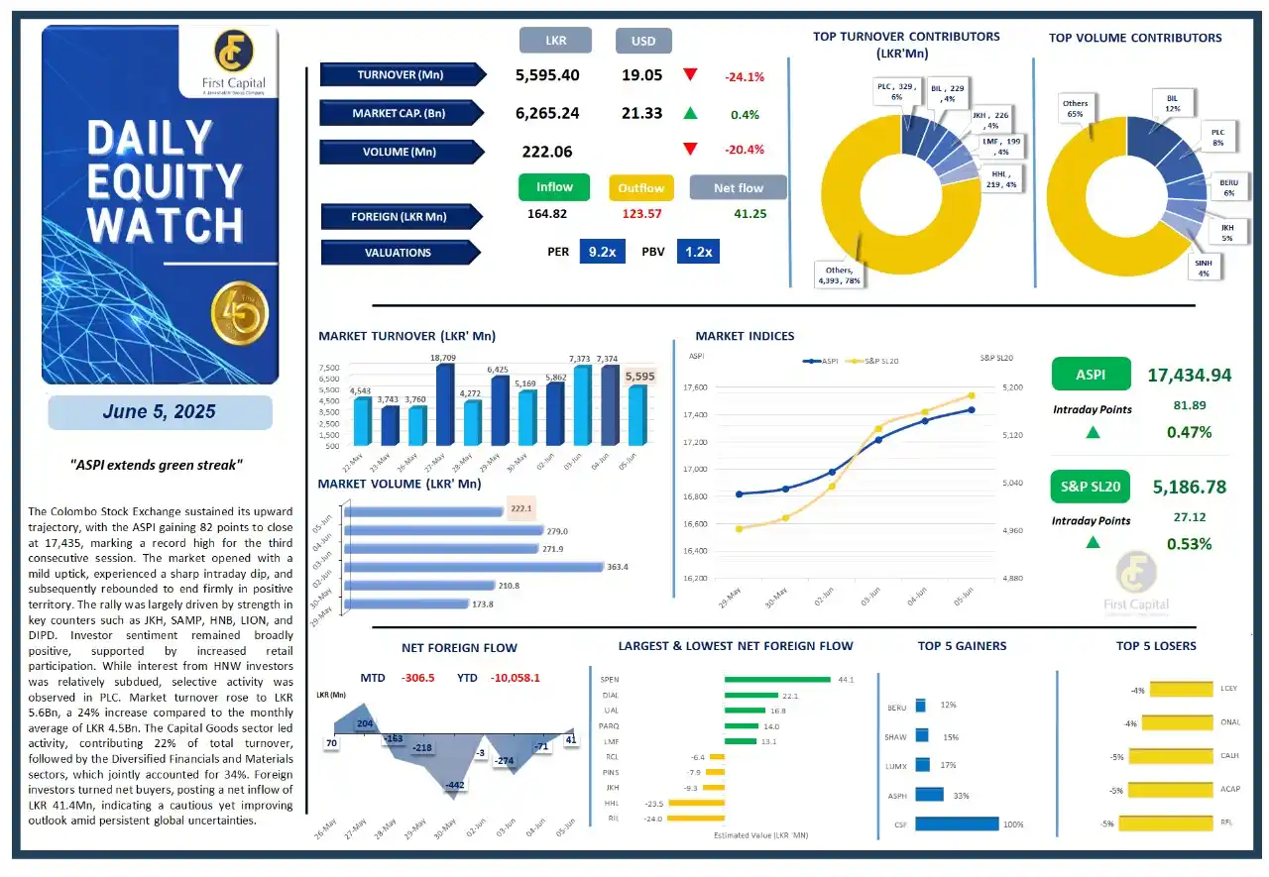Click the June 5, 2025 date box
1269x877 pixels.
pos(160,412)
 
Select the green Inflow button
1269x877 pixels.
pos(554,187)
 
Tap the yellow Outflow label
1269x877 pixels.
pos(640,188)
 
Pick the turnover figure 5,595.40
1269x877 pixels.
pos(547,75)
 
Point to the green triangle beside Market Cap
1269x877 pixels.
pos(690,114)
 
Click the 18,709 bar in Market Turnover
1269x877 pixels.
pos(443,404)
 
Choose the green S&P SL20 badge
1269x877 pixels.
pos(1091,487)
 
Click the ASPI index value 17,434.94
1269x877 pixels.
pos(1189,376)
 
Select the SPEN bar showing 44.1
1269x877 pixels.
pos(776,680)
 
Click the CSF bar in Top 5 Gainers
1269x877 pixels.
pos(957,823)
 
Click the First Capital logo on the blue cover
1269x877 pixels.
pos(229,60)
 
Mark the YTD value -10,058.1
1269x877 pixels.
pos(512,678)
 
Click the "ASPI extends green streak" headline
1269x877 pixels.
pos(159,465)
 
